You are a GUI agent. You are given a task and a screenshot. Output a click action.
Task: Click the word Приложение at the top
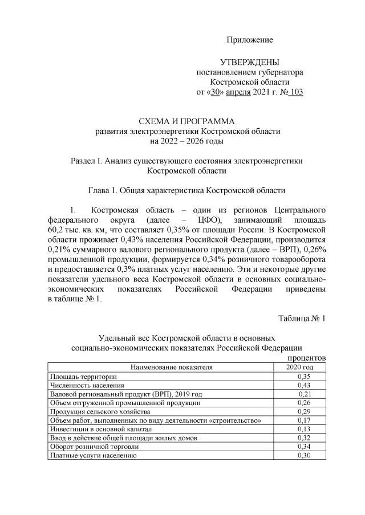coord(250,40)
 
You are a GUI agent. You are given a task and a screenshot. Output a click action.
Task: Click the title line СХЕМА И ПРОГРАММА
coord(187,121)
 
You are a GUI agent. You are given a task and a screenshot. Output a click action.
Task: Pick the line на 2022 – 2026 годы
coord(187,141)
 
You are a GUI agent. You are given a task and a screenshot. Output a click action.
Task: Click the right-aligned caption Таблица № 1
coord(302,318)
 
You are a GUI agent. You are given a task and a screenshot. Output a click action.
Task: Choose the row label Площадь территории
coord(83,377)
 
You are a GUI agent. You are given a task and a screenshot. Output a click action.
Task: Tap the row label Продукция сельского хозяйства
coord(100,411)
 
